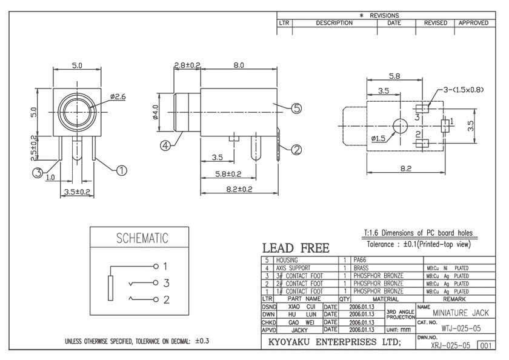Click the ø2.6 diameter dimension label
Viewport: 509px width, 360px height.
click(118, 96)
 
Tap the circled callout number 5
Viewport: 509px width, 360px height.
click(296, 108)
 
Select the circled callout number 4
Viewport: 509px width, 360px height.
click(165, 145)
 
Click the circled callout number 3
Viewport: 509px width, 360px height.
click(38, 173)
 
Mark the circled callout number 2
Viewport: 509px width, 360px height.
click(296, 150)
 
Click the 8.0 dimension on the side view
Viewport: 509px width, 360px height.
click(239, 65)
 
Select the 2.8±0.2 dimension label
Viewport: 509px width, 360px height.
click(187, 65)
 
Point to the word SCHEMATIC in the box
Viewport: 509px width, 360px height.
click(142, 239)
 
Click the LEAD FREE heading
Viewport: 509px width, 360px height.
click(296, 248)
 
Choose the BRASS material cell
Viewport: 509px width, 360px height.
click(361, 267)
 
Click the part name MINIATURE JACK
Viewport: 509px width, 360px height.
click(460, 313)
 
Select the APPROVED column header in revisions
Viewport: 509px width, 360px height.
click(473, 23)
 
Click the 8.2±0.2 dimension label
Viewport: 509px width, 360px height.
click(241, 190)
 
